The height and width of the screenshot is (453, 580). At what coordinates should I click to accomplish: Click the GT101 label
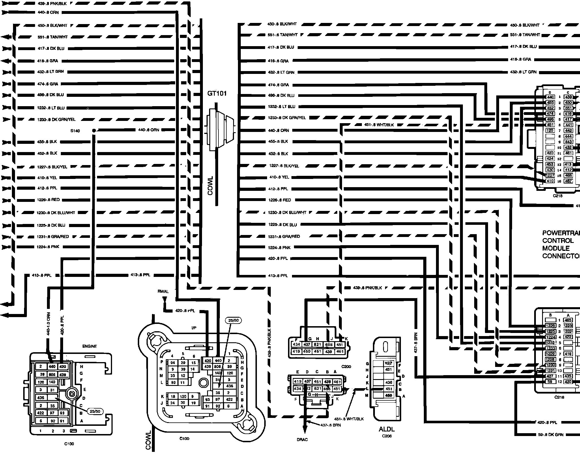[x=217, y=93]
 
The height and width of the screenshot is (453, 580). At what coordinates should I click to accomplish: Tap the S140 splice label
[x=75, y=131]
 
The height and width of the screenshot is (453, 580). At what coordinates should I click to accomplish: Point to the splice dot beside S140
[x=94, y=131]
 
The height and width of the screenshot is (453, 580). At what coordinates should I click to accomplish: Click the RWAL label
[x=163, y=291]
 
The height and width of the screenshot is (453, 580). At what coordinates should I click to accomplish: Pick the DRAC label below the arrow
[x=302, y=440]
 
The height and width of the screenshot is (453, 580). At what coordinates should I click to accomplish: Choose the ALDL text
[x=387, y=429]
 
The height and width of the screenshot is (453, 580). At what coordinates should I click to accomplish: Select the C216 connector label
[x=559, y=397]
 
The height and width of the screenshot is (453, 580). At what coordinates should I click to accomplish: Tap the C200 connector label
[x=346, y=366]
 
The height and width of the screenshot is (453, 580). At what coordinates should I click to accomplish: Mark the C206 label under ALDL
[x=387, y=436]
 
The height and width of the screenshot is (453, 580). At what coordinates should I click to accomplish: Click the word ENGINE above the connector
[x=89, y=346]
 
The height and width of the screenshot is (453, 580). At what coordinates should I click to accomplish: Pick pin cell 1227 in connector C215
[x=550, y=176]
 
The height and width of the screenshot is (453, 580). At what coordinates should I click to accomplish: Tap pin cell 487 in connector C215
[x=568, y=181]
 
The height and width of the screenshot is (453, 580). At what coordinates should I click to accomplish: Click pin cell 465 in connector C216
[x=568, y=320]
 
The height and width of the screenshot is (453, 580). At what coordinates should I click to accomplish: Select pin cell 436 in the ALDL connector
[x=389, y=383]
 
